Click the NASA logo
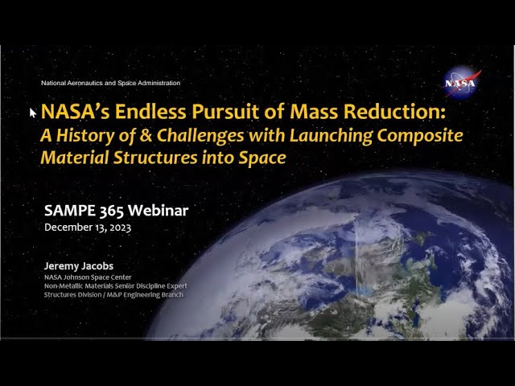tap(461, 81)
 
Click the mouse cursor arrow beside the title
tap(33, 113)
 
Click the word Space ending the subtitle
tap(263, 158)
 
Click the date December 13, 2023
tap(89, 228)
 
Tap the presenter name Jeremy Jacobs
tap(78, 265)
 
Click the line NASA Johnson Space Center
tap(89, 277)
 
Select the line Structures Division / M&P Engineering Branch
tap(113, 294)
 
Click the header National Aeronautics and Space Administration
tap(111, 83)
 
